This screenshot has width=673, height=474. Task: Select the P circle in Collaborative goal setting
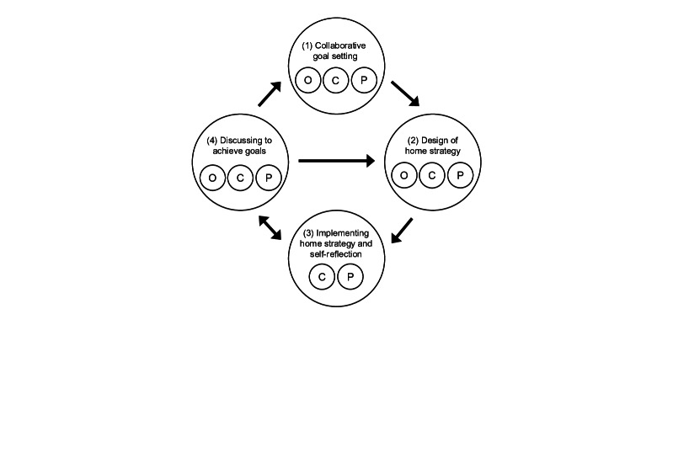365,80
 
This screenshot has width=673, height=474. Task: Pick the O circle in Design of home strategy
404,176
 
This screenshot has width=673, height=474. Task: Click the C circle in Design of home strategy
432,176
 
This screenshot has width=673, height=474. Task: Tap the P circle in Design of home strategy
461,176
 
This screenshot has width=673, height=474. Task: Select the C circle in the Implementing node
321,276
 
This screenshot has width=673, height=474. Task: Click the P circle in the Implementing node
350,276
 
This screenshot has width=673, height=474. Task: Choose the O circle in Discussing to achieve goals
211,177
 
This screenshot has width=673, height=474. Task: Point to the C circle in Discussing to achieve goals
240,177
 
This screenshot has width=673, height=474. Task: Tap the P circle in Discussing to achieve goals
269,177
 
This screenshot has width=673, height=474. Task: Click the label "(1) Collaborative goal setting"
336,51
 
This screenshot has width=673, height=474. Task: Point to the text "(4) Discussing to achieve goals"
240,146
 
